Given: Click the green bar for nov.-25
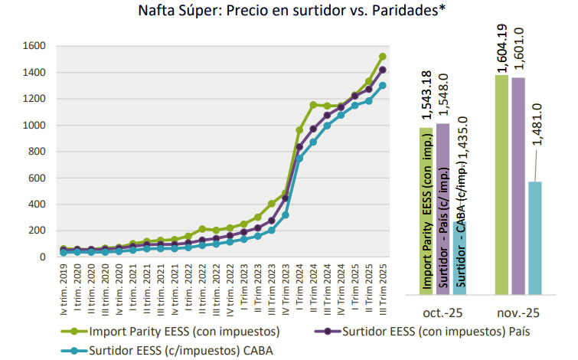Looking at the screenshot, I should (x=501, y=184).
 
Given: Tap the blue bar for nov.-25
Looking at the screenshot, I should (x=534, y=237).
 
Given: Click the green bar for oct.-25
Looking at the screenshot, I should (x=426, y=211).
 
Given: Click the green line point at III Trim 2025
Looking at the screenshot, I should (x=383, y=56).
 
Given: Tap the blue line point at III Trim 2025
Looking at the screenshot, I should (x=383, y=85).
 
